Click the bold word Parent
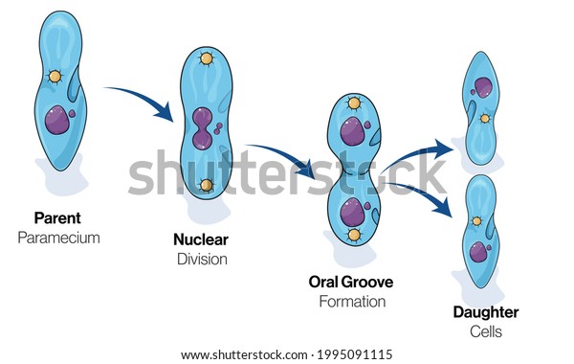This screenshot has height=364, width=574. coord(57,218)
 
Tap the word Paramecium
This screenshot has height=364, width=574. coord(58,238)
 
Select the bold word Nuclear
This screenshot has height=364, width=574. coord(201,239)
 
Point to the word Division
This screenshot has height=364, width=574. coord(202,260)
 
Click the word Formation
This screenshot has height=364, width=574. coord(352,302)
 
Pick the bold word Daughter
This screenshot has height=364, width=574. coord(486,312)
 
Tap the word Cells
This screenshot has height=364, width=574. coord(486,331)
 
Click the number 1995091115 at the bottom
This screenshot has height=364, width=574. coord(355,354)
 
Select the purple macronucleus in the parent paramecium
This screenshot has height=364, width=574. coord(57,120)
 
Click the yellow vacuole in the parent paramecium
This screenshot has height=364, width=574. coord(55,77)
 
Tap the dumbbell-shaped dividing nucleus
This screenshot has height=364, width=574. coord(202,128)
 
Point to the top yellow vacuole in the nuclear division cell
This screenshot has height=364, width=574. coord(206,58)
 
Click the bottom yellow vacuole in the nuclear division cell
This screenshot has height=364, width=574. coord(206,186)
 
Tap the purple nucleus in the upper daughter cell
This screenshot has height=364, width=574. coord(483,87)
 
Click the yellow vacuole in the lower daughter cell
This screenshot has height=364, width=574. coord(476,221)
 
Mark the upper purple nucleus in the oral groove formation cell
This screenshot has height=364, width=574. coord(352,131)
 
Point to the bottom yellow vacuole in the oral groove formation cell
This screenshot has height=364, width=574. coord(354,235)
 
